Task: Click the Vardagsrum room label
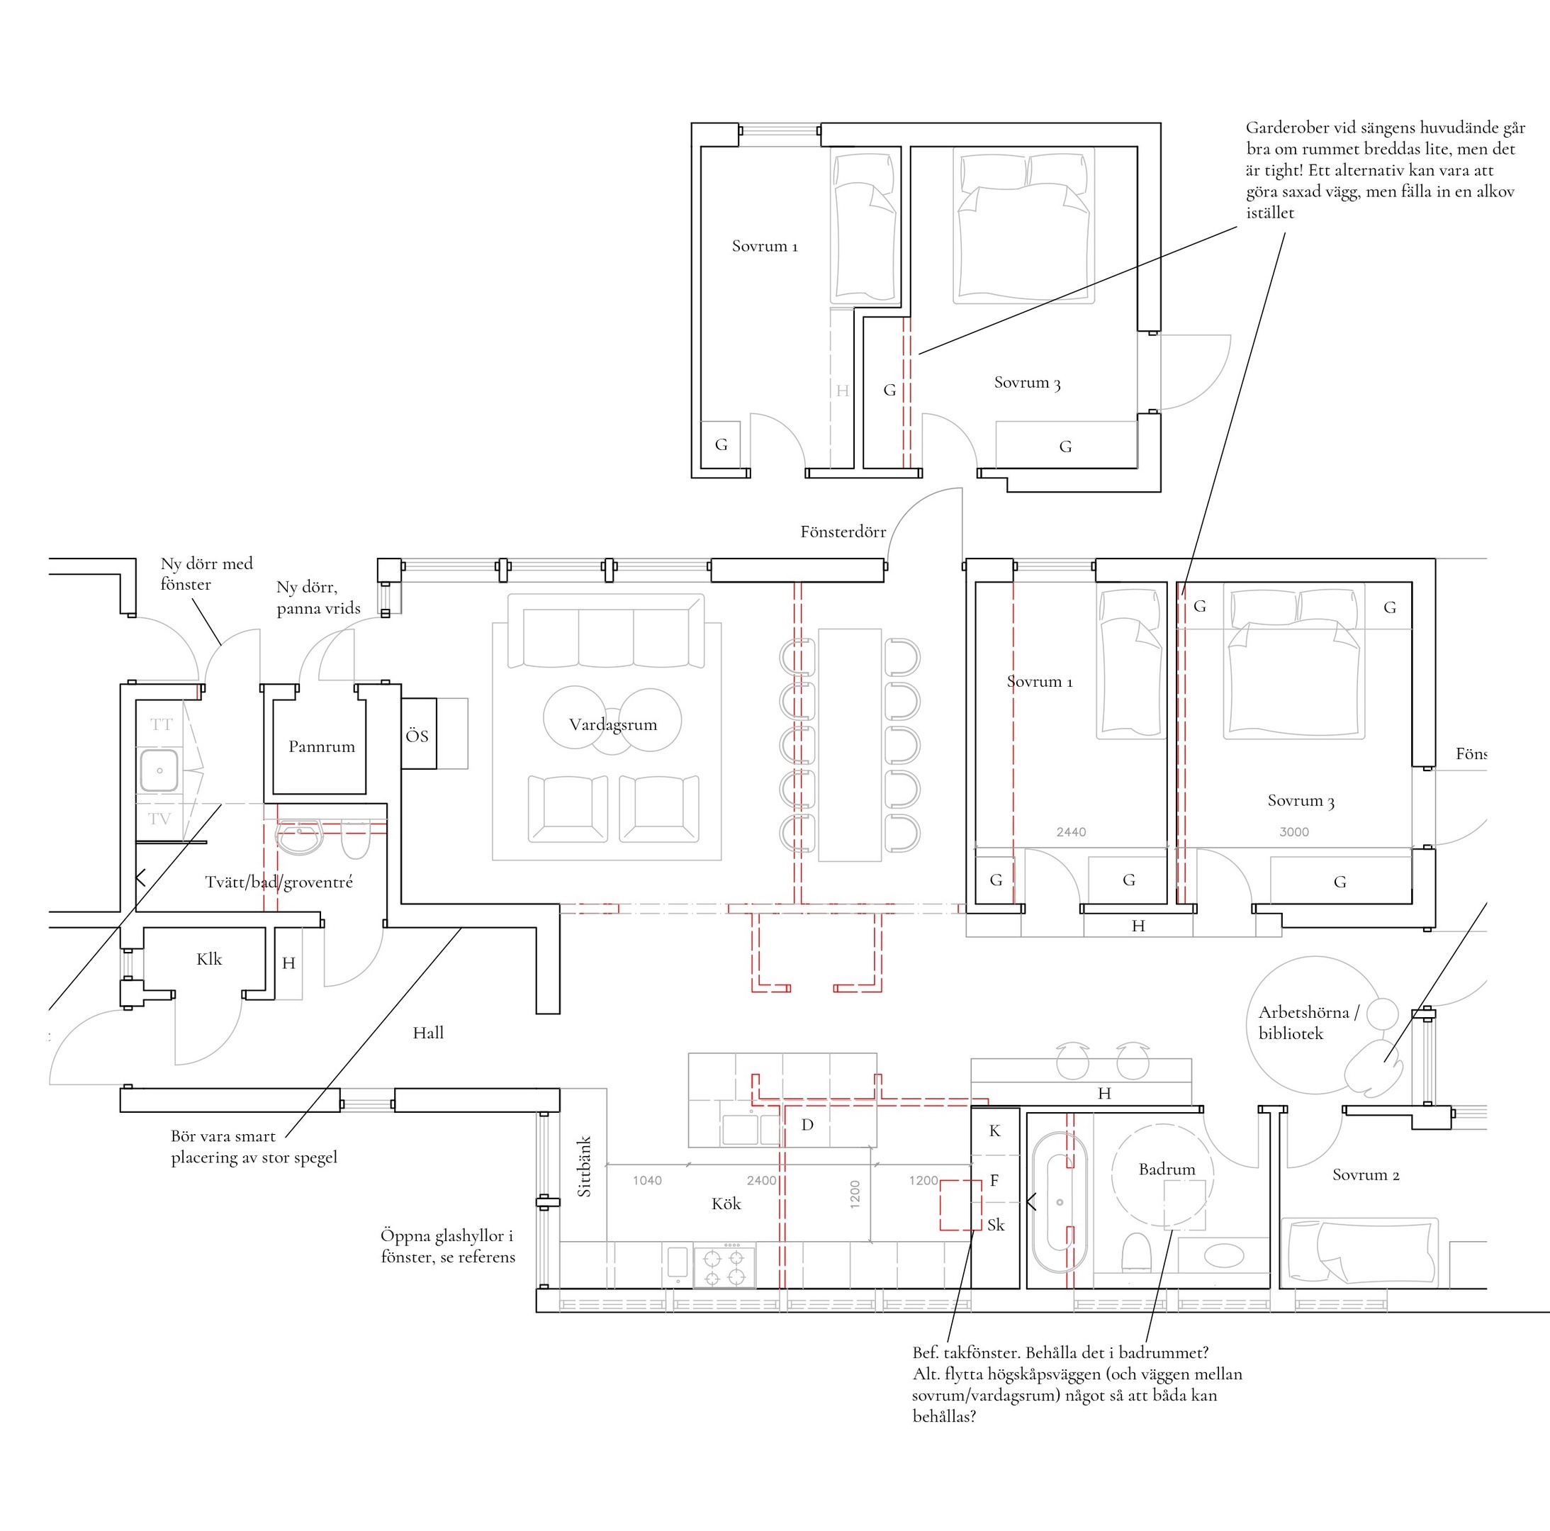[613, 725]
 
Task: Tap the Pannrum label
[322, 746]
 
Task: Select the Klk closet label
[209, 959]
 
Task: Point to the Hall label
[428, 1033]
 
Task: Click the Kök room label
[726, 1204]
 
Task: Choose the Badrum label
[1167, 1169]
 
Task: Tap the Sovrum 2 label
[1366, 1174]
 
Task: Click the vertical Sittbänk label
[584, 1166]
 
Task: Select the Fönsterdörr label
[843, 531]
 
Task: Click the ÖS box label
[417, 736]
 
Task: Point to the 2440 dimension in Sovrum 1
[1071, 832]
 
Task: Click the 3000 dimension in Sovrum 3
[1294, 832]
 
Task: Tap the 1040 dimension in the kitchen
[648, 1180]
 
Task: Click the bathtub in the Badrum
[1060, 1202]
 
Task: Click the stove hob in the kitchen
[724, 1267]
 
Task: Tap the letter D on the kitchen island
[807, 1125]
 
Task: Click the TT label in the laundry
[162, 724]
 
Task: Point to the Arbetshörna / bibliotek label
[1308, 1023]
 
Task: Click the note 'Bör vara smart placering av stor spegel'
[254, 1147]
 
